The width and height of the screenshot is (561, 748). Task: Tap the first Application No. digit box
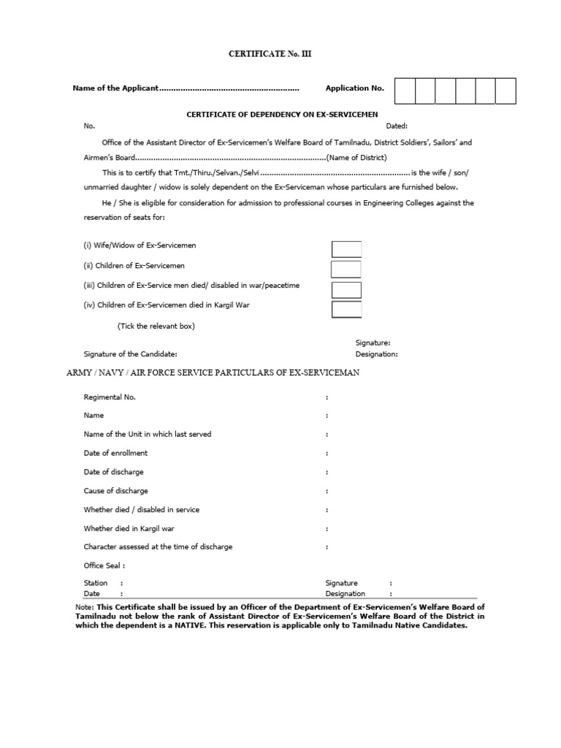(405, 91)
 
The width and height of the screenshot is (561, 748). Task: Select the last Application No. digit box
(505, 91)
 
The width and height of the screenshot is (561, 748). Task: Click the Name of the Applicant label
(115, 88)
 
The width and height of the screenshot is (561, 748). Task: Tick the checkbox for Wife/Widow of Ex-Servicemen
(346, 249)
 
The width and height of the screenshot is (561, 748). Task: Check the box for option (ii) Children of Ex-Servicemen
(346, 269)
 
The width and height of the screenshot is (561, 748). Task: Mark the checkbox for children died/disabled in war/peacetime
(346, 289)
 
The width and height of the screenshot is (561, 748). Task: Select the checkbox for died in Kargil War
(346, 309)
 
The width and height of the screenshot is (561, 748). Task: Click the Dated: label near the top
(397, 126)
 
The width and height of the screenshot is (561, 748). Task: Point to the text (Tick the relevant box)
(156, 326)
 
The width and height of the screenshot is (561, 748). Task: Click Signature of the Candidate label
(130, 354)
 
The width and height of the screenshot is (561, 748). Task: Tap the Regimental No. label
(110, 397)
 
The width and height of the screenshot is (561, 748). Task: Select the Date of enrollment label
(115, 454)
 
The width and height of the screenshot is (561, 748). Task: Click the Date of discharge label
(113, 472)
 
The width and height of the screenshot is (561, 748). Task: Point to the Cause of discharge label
(115, 491)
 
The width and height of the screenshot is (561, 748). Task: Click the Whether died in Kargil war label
(129, 528)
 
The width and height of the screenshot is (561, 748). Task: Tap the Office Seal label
(104, 565)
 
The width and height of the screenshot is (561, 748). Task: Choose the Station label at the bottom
(96, 583)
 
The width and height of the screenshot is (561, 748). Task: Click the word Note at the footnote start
(83, 607)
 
